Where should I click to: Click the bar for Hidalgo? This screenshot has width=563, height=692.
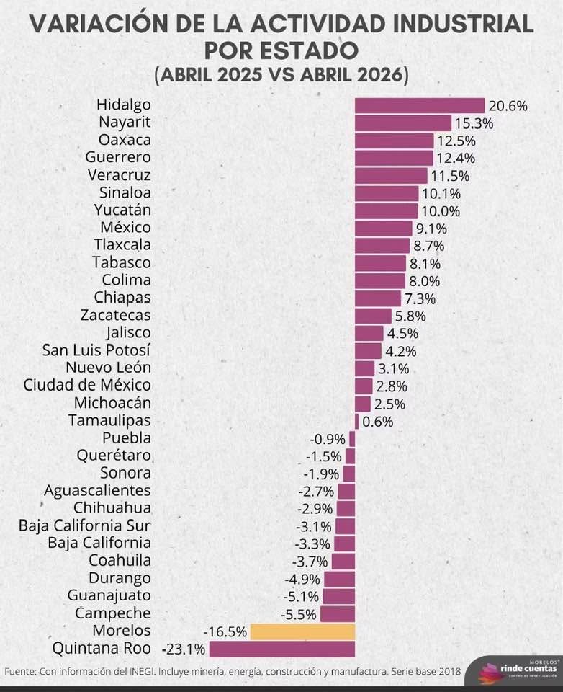click(x=420, y=106)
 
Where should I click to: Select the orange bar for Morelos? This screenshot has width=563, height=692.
click(x=302, y=631)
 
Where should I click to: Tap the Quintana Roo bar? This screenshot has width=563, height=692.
click(x=282, y=649)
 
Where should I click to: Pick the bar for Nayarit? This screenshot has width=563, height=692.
click(x=403, y=123)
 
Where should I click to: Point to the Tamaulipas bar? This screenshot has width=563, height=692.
click(x=356, y=422)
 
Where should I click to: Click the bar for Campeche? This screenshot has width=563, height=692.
click(x=338, y=614)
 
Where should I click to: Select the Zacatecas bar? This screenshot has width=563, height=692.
click(x=373, y=316)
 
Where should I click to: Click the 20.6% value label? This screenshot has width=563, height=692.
click(x=508, y=106)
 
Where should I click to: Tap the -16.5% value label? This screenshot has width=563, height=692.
click(x=225, y=632)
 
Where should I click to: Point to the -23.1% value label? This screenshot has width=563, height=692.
click(x=184, y=649)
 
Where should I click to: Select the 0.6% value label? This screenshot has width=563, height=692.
click(x=378, y=422)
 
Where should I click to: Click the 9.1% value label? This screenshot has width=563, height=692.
click(x=431, y=229)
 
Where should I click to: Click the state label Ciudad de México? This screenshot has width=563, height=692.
click(x=87, y=385)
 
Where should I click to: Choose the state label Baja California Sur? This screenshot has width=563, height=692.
click(x=85, y=525)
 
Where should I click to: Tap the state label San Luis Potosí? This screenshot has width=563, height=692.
click(x=96, y=350)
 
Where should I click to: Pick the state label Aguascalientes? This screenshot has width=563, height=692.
click(x=97, y=491)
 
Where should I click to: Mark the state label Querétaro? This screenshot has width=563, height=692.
click(x=114, y=456)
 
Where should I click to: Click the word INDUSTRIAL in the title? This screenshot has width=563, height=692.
click(x=463, y=24)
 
